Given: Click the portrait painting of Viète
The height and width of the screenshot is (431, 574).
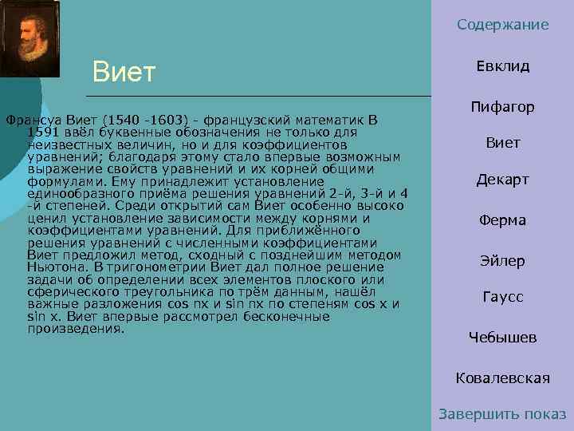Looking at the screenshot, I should click(30, 38).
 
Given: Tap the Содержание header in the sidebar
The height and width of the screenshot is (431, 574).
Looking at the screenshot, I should click(503, 25).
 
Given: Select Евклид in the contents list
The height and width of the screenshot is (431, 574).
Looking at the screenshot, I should click(503, 66).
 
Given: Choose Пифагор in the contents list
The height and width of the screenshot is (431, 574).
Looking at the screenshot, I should click(503, 107).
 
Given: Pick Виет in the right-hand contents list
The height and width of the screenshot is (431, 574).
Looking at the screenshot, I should click(503, 143).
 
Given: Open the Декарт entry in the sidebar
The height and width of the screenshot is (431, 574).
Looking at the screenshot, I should click(503, 180).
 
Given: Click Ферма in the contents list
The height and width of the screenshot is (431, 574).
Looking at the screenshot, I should click(503, 220).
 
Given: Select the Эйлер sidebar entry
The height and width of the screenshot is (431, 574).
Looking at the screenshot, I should click(503, 261).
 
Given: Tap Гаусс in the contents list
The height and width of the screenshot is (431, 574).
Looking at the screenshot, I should click(503, 297).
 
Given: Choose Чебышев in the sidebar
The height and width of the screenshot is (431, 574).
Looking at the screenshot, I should click(503, 338).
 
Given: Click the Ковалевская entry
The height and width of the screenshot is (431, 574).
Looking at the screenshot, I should click(503, 378).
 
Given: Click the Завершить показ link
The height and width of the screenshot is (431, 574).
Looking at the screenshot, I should click(503, 414).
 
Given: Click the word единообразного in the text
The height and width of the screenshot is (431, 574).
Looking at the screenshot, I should click(77, 194).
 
